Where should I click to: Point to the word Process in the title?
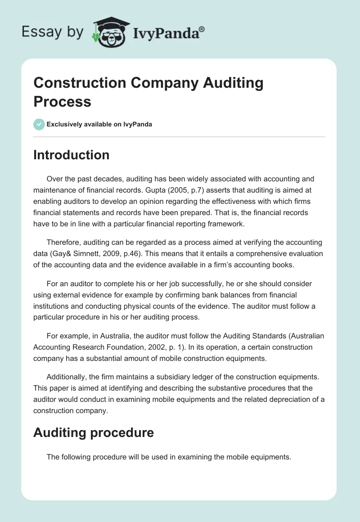62,101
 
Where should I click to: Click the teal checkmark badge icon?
39,124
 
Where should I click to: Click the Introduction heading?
71,155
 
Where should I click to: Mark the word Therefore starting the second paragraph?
66,243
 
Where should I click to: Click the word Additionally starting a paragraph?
68,376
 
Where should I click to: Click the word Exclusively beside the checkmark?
66,124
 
